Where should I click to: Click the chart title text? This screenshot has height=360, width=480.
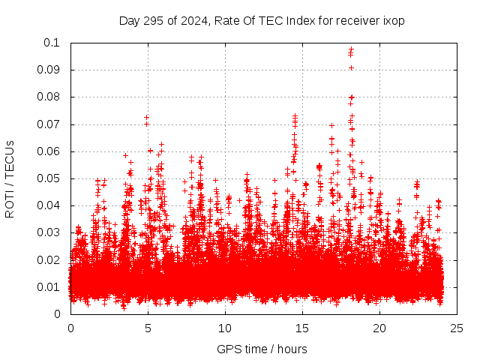coord(262,21)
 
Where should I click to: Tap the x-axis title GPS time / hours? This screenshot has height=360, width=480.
coord(262,349)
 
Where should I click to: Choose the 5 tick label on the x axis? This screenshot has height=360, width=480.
coord(148,328)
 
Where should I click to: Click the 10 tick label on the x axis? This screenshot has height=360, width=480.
coord(225,328)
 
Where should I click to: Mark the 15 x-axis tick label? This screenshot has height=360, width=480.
coord(302,328)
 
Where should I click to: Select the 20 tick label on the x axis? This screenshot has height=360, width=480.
coord(379,328)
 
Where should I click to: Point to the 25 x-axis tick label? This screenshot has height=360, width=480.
coord(457,328)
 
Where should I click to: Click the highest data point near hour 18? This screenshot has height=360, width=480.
coord(351,49)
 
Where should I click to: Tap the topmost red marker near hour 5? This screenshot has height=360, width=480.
coord(147,118)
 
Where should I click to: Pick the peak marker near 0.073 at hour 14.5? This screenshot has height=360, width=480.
coord(295,116)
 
